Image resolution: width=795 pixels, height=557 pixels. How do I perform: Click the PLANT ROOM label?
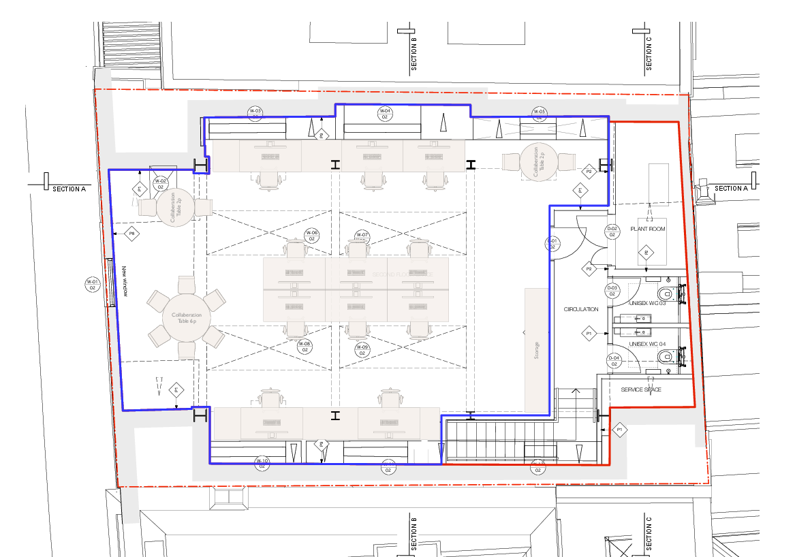tap(647, 229)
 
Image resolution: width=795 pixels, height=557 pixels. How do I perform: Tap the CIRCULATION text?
tap(581, 309)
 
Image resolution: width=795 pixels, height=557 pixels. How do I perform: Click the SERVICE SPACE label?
tap(641, 389)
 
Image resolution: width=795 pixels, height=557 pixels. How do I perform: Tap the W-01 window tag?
tap(92, 284)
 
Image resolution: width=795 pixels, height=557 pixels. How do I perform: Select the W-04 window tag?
tap(385, 114)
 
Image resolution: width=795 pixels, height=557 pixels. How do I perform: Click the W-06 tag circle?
tap(311, 236)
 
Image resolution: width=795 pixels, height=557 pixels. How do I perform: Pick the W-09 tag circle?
tap(362, 351)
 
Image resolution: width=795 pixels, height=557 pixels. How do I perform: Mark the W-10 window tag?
tap(262, 464)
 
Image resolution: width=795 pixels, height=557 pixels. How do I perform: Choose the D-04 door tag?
tap(614, 361)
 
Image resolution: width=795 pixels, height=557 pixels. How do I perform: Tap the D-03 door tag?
tap(612, 291)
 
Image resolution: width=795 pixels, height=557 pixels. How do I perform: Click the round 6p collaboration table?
tap(187, 317)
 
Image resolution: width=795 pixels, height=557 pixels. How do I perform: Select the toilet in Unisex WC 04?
tap(667, 355)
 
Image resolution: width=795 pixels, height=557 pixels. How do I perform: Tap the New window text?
tap(125, 281)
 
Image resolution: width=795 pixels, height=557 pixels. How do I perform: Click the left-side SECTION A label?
tap(69, 189)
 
